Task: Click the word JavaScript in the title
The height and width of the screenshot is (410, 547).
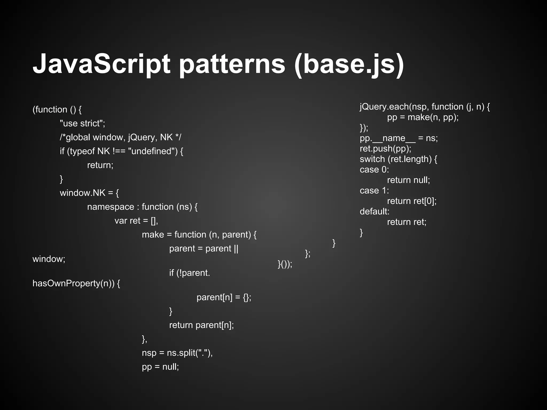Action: pyautogui.click(x=101, y=64)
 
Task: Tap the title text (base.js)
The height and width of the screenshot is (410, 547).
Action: pyautogui.click(x=349, y=64)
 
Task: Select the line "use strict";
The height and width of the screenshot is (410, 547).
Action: pyautogui.click(x=83, y=124)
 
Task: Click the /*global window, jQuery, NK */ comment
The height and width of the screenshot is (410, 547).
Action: pyautogui.click(x=120, y=137)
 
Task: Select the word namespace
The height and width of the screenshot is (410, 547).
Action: pyautogui.click(x=111, y=207)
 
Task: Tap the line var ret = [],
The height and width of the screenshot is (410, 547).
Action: pyautogui.click(x=136, y=221)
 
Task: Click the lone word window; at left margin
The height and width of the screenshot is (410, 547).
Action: pyautogui.click(x=49, y=259)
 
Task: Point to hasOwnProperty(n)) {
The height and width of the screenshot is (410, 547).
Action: pyautogui.click(x=76, y=283)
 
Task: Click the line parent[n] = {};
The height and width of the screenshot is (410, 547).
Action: pyautogui.click(x=224, y=297)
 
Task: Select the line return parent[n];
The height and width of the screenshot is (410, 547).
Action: pyautogui.click(x=201, y=325)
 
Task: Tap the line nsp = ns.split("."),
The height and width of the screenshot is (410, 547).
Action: pyautogui.click(x=177, y=353)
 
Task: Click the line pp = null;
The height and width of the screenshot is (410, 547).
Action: pyautogui.click(x=160, y=367)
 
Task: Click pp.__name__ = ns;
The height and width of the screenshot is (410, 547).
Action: pyautogui.click(x=398, y=138)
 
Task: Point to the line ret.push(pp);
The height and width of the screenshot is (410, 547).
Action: pyautogui.click(x=385, y=149)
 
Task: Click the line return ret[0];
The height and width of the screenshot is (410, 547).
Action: pyautogui.click(x=412, y=201)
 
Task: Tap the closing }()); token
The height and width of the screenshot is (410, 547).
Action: pyautogui.click(x=285, y=264)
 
